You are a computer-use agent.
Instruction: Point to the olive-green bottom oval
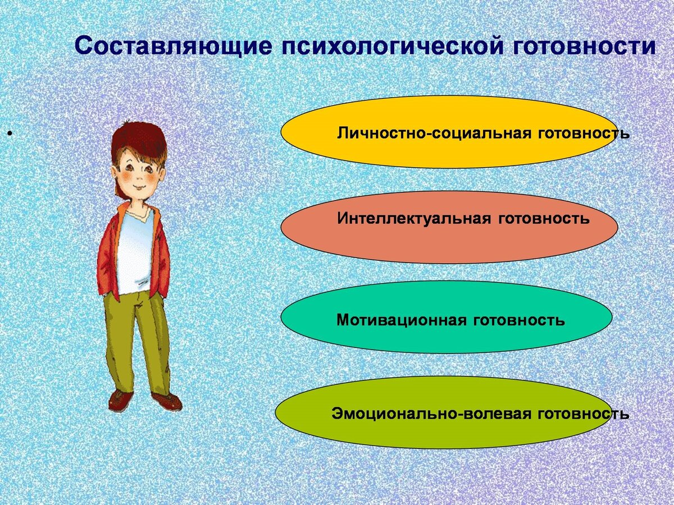point(303,412)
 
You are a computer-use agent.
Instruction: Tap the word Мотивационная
point(402,320)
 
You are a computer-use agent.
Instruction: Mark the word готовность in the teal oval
point(520,320)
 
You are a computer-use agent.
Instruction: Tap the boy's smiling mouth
point(137,186)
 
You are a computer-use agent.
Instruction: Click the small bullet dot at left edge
point(10,135)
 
